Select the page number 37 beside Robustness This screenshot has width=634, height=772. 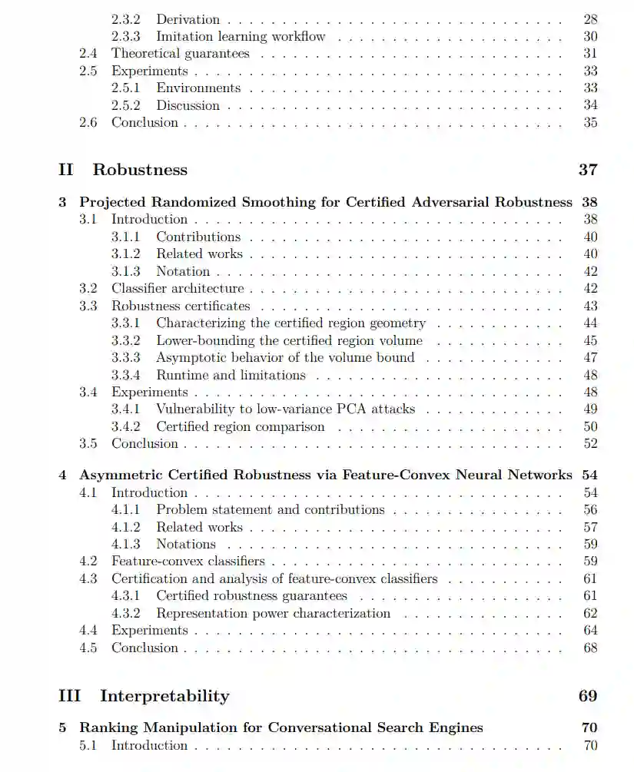coord(588,170)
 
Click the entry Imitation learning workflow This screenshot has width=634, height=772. coord(241,36)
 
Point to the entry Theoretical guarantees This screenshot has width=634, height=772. coord(181,54)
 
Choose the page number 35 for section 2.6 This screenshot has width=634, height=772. coord(590,123)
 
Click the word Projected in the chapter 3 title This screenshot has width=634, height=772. coord(113,202)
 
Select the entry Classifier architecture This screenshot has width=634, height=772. coord(178,289)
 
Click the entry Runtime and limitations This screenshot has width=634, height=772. coord(231,376)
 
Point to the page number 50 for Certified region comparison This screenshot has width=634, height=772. coord(590,427)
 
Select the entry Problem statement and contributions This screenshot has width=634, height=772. coord(271,509)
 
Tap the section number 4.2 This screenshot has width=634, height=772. coord(88,562)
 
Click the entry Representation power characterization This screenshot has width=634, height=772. coord(273,614)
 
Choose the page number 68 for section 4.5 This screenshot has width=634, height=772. coord(590,648)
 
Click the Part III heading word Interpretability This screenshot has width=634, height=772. coord(164,697)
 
